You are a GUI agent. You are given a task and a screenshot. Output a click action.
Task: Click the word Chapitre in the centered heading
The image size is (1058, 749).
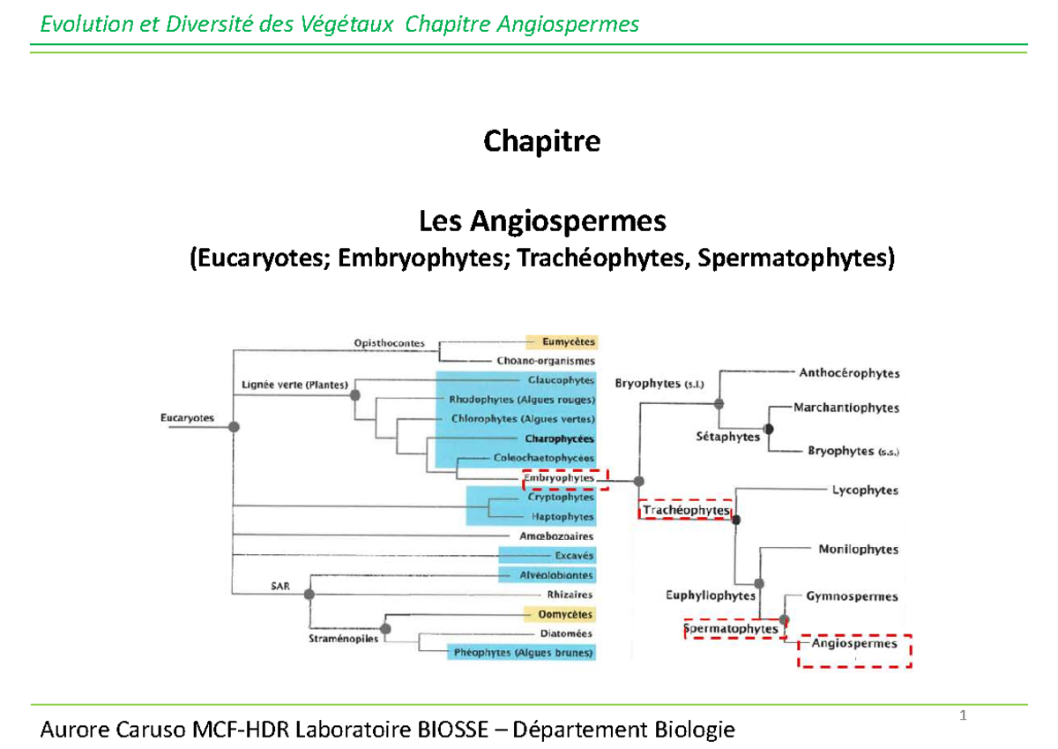coord(541,141)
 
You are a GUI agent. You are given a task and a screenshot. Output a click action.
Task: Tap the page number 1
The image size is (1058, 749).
coord(964,715)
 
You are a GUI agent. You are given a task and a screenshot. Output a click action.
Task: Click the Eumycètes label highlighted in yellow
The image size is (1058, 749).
coord(561,342)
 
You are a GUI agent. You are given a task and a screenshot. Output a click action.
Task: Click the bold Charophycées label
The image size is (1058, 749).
coord(559,438)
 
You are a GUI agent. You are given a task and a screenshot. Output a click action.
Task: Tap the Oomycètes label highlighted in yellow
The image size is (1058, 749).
coord(561,614)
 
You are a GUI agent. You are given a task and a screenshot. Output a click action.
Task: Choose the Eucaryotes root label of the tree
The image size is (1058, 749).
coord(187,418)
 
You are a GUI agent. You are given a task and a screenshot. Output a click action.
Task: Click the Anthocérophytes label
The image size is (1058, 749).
coord(849,373)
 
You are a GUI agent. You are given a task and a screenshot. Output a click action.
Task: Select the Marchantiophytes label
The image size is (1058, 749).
coord(846,408)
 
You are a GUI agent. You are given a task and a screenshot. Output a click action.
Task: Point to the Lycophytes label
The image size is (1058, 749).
coord(865,491)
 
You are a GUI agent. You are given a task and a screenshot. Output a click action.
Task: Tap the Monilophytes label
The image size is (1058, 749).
coord(858,550)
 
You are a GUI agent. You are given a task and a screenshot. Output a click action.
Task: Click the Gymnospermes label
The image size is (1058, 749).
coord(852,597)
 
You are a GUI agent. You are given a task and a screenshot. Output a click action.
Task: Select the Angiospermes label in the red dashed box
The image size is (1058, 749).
coord(854,644)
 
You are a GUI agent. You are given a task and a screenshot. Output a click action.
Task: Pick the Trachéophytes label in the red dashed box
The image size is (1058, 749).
coord(686,511)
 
